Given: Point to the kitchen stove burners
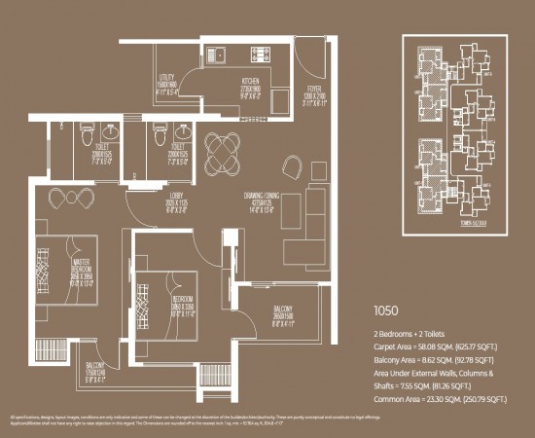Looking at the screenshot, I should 261,55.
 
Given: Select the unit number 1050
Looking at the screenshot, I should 387,313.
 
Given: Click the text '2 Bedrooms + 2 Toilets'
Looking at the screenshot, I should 408,333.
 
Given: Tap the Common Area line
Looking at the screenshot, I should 441,398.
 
